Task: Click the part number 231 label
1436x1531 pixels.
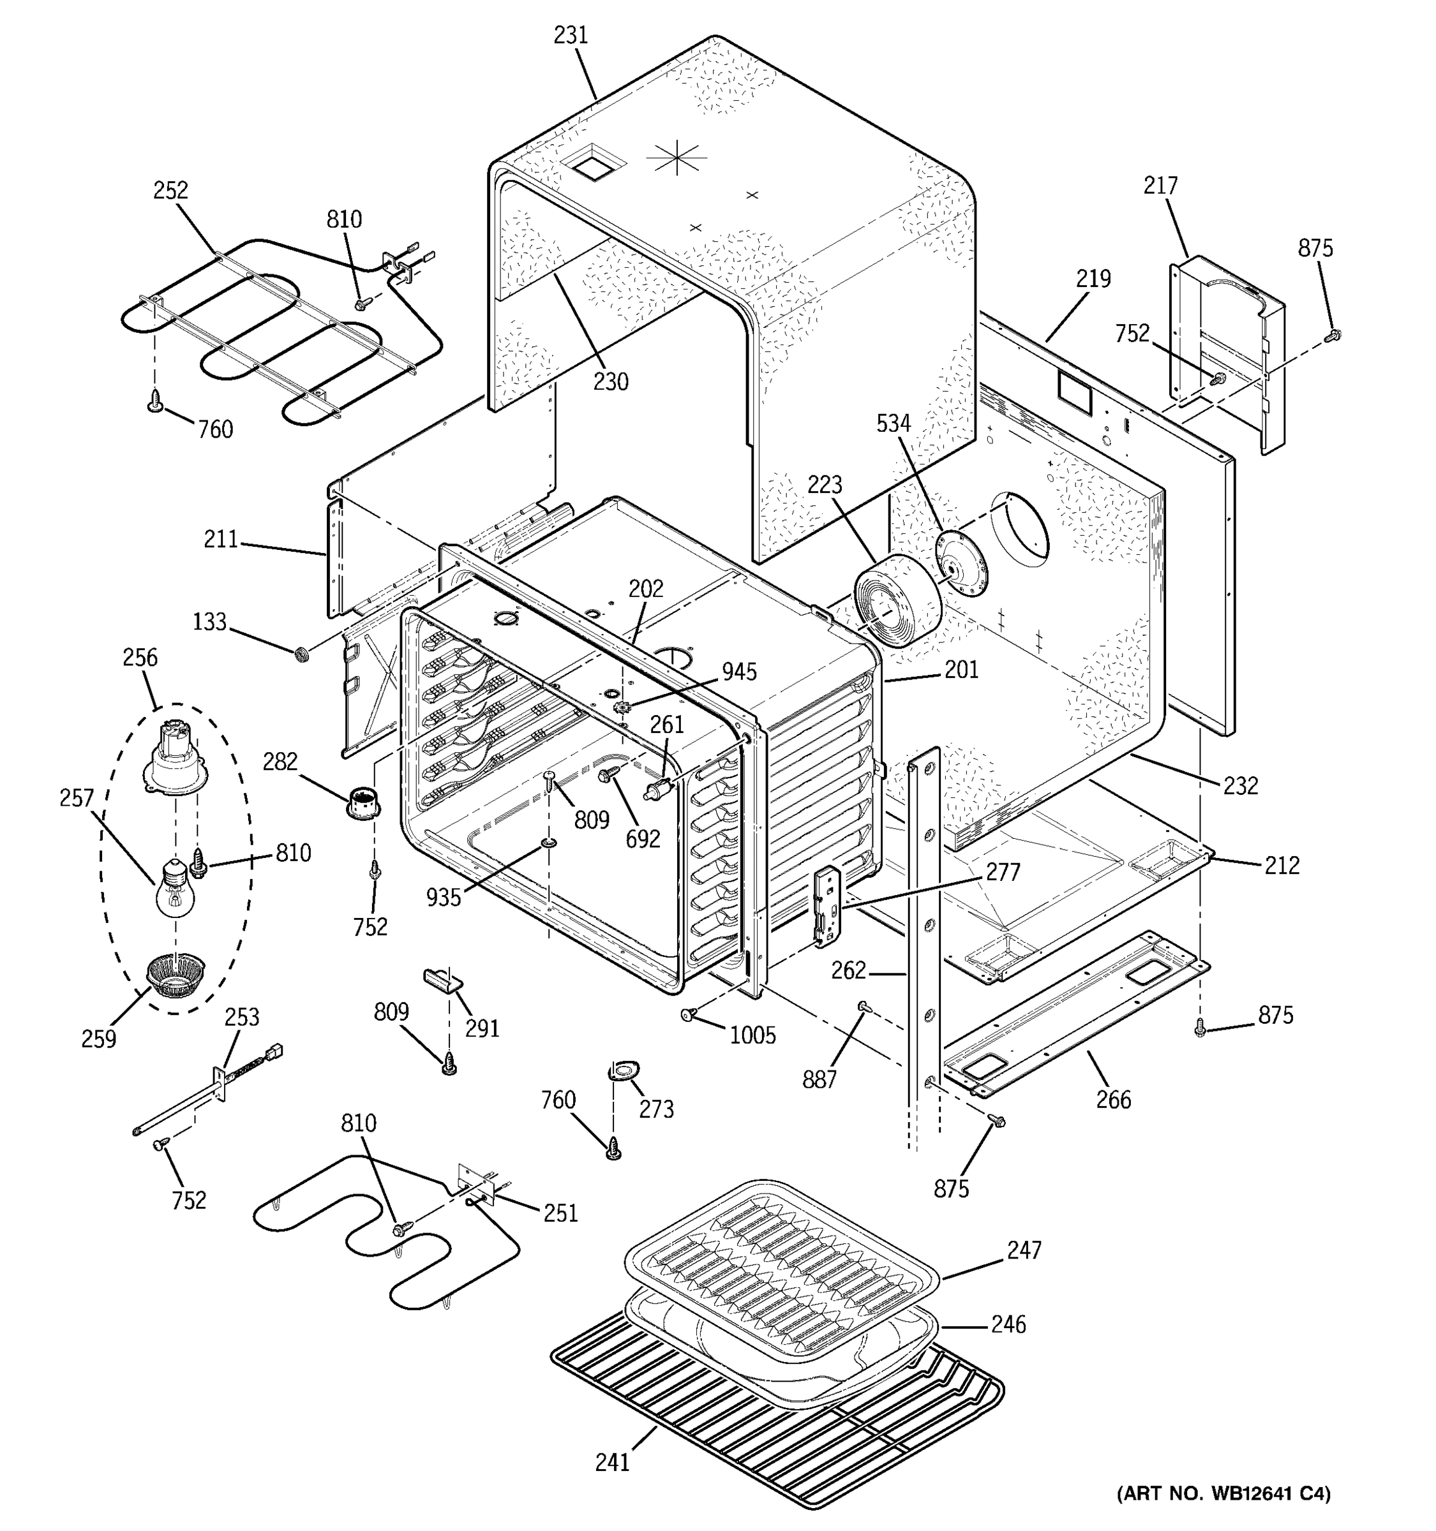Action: [x=571, y=36]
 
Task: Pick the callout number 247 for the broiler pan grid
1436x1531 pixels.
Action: [x=1024, y=1250]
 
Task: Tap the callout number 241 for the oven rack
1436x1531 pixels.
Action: [x=613, y=1461]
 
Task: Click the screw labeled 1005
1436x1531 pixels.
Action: [x=687, y=1015]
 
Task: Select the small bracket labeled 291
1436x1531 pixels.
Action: [x=442, y=980]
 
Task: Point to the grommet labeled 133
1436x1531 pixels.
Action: [x=303, y=655]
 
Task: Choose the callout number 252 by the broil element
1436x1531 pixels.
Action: [x=171, y=190]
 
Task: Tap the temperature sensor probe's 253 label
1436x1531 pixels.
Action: [x=242, y=1017]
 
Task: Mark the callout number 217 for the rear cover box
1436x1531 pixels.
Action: [x=1160, y=186]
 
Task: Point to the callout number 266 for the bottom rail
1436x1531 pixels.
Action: [x=1113, y=1100]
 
